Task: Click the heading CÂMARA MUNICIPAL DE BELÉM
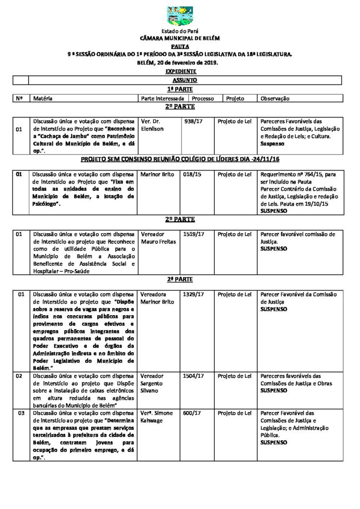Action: point(180,38)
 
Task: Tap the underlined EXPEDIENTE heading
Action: point(180,72)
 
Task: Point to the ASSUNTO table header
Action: point(184,79)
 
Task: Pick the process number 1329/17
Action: point(193,295)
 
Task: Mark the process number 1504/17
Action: point(193,376)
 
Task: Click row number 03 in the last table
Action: point(20,414)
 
